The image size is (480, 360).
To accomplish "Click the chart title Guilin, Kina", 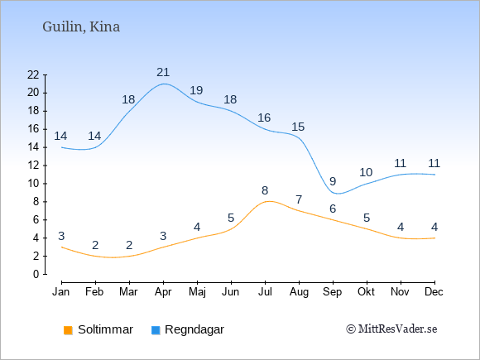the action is tap(81, 27).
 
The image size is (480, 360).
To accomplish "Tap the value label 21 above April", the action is tap(163, 72).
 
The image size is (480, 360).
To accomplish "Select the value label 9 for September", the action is tap(333, 181).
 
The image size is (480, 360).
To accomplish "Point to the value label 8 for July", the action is tap(265, 190).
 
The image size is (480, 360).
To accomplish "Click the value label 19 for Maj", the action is tap(196, 90).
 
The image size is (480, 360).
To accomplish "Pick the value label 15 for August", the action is tap(298, 127).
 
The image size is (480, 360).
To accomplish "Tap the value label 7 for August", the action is tap(299, 200).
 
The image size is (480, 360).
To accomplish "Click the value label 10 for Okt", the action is tap(366, 172).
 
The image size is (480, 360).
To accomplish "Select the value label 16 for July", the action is tap(264, 118).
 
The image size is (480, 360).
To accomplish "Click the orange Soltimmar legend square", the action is tap(68, 330).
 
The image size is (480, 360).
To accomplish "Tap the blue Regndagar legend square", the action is tap(156, 330).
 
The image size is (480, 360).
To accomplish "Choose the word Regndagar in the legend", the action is tap(194, 329).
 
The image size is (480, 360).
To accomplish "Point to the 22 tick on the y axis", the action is tap(33, 74).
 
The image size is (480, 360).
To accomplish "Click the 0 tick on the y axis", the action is tap(36, 274).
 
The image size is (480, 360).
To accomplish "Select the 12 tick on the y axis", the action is tap(33, 166).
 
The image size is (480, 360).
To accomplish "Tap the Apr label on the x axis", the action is tap(163, 292).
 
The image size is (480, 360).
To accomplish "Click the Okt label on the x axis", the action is tap(366, 291).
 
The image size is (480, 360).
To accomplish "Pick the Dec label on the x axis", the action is tap(434, 291).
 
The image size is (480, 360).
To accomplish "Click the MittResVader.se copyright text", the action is tap(391, 329).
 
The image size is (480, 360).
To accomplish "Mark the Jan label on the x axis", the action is tap(61, 291).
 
